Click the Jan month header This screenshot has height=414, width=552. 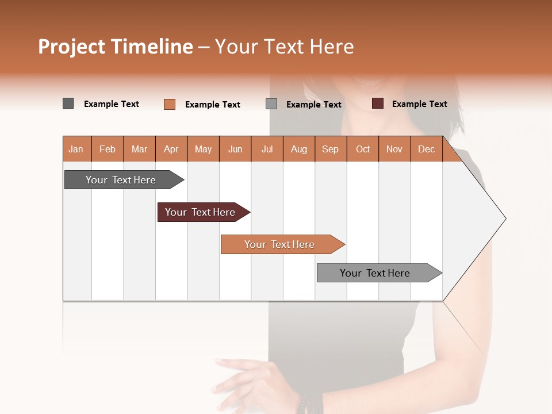pos(76,149)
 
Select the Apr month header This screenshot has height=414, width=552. pos(171,149)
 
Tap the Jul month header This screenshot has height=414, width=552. pos(267,149)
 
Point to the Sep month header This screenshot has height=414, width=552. pos(331,149)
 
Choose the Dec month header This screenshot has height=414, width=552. pos(427,149)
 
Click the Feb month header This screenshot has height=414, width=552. pos(108,149)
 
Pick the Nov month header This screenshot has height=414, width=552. pos(394,149)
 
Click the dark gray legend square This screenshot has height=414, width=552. pos(68,103)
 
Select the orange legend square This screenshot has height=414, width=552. pos(170,104)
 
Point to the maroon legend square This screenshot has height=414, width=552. pos(378,103)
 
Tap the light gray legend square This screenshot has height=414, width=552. pos(271,103)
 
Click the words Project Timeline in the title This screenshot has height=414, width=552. pos(115,47)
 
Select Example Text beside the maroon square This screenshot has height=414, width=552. pos(419,104)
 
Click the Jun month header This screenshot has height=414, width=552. pos(235,149)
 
